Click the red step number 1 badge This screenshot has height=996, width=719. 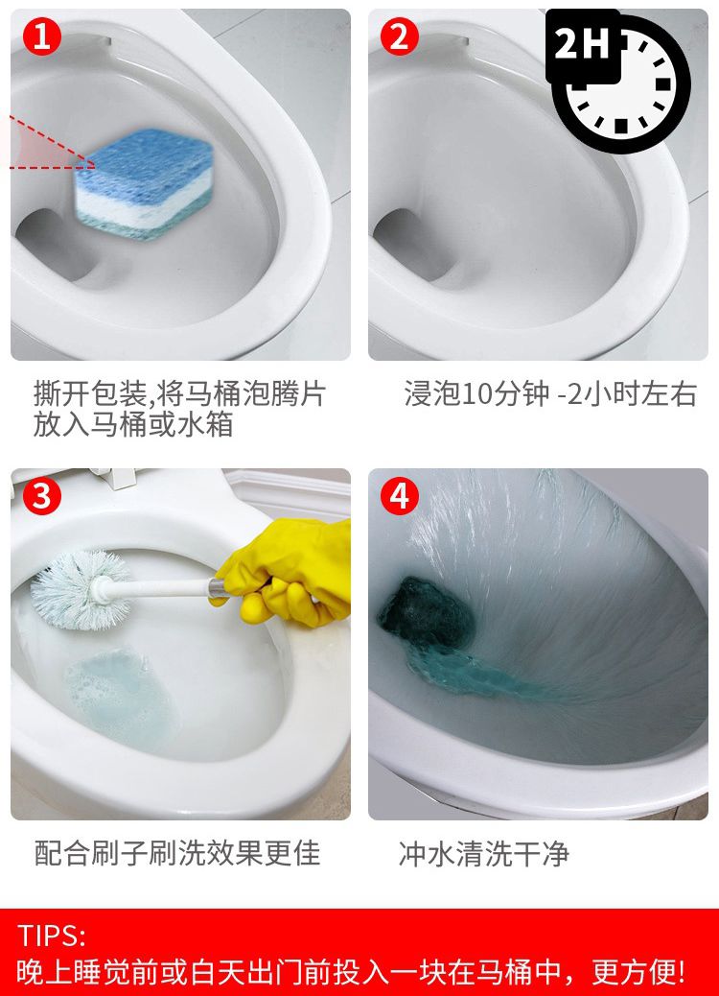(x=42, y=37)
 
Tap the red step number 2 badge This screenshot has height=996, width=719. (x=400, y=37)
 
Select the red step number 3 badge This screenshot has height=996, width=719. (x=42, y=496)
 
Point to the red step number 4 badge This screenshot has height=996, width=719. (x=400, y=496)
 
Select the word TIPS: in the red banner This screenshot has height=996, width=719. (x=52, y=936)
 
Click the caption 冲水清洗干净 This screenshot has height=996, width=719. (x=484, y=853)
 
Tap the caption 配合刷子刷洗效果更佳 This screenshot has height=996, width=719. (x=177, y=853)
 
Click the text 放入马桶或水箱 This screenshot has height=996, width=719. (x=133, y=424)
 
